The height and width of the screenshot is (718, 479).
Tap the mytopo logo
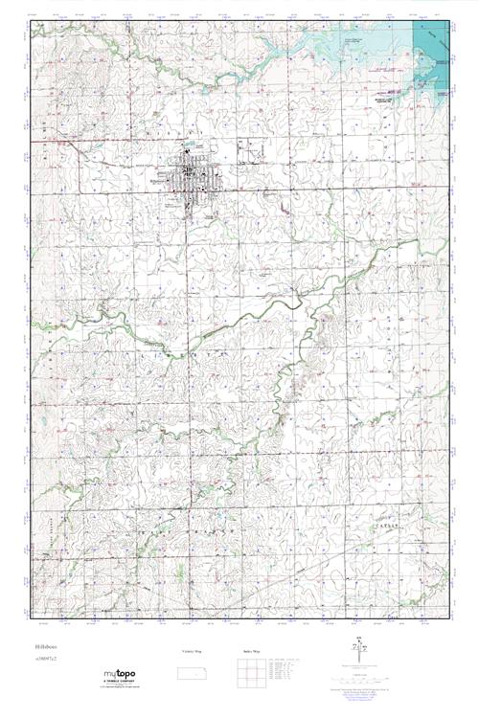pyautogui.click(x=125, y=674)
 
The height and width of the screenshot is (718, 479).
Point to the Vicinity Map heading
pyautogui.click(x=192, y=651)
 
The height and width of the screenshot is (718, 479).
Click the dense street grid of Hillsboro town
pyautogui.click(x=191, y=174)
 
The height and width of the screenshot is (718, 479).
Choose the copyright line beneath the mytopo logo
pyautogui.click(x=125, y=687)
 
